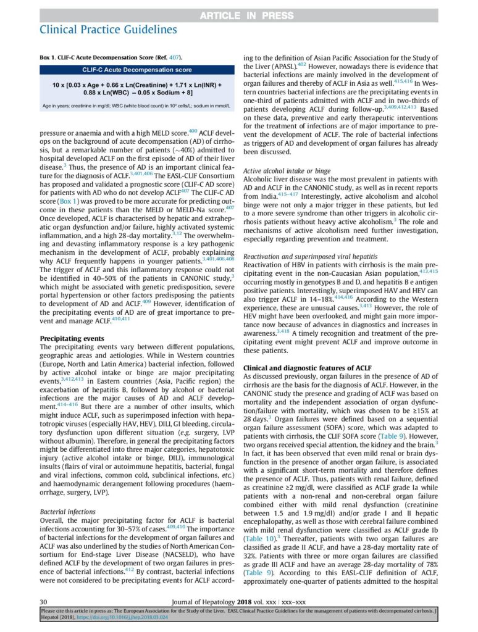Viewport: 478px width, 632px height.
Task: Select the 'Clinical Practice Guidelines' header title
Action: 108,29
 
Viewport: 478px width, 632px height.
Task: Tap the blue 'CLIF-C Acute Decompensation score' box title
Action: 136,70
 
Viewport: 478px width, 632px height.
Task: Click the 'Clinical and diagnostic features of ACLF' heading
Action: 307,368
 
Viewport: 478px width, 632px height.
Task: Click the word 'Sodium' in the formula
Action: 163,91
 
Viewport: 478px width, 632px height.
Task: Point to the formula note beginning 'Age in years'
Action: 136,105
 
